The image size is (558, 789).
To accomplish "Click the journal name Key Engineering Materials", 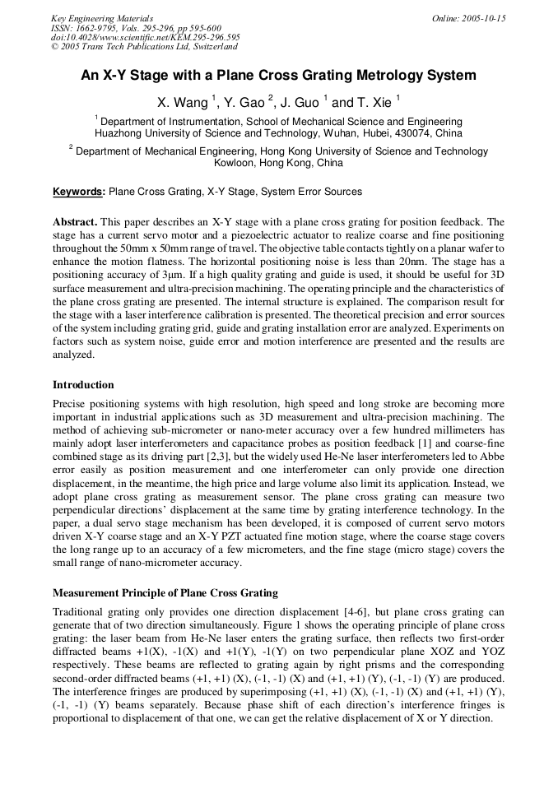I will pos(102,18).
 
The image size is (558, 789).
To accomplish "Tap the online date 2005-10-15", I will pos(481,18).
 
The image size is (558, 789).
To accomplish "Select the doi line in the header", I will pos(146,37).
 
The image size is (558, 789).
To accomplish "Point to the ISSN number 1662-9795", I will pos(98,27).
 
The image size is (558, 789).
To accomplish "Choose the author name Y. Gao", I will pos(244,103).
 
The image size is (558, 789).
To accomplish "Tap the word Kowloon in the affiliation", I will pos(235,163).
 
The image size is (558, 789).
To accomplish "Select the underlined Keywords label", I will pos(79,192).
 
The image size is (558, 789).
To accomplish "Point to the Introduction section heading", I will pos(83,384).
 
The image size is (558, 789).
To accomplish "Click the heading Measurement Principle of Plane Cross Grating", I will pos(165,592).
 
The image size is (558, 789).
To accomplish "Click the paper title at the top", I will pos(278,76).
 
